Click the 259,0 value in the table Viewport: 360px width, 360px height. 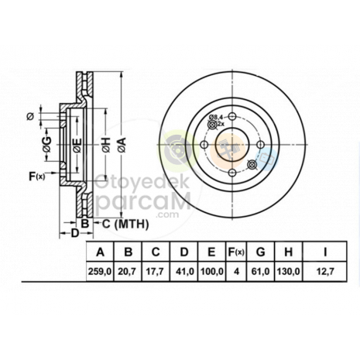click(100, 272)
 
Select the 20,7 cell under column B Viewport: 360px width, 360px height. click(127, 272)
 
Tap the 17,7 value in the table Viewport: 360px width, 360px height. click(156, 272)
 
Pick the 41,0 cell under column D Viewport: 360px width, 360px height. click(185, 272)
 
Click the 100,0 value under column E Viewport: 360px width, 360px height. click(211, 272)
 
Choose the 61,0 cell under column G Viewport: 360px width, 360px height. click(261, 272)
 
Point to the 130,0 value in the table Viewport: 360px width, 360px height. click(288, 272)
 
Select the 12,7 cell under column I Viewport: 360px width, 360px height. click(325, 272)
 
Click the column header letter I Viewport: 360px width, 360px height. click(325, 252)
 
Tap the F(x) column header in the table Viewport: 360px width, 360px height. click(236, 252)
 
